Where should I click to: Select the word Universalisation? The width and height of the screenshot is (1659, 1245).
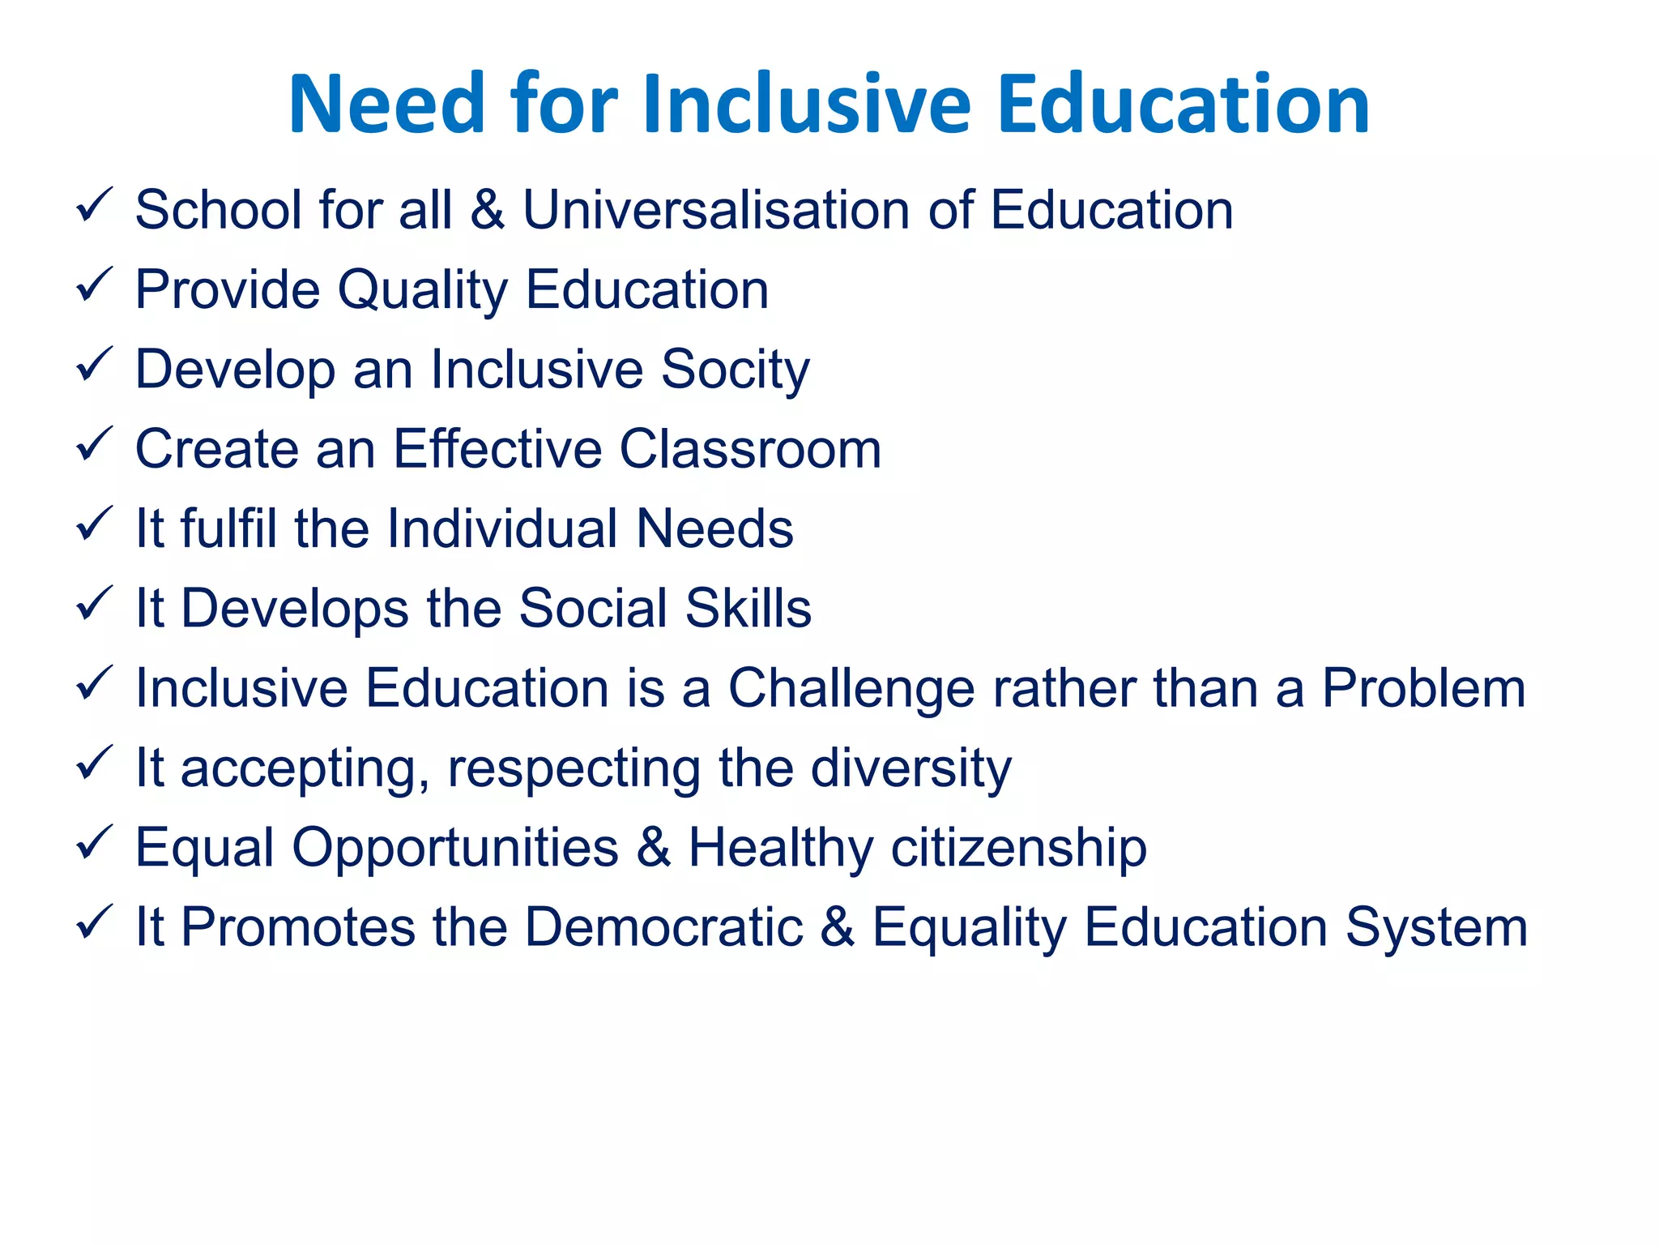(x=716, y=210)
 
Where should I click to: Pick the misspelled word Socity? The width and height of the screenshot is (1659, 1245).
(x=735, y=370)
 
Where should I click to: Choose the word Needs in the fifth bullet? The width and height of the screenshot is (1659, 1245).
(x=714, y=528)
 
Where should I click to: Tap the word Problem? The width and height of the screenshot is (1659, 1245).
(x=1423, y=688)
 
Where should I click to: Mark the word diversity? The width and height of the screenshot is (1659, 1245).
(x=911, y=768)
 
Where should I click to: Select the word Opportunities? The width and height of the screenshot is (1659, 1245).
(x=455, y=849)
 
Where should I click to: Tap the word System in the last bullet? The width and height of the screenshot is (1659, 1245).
(x=1436, y=927)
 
